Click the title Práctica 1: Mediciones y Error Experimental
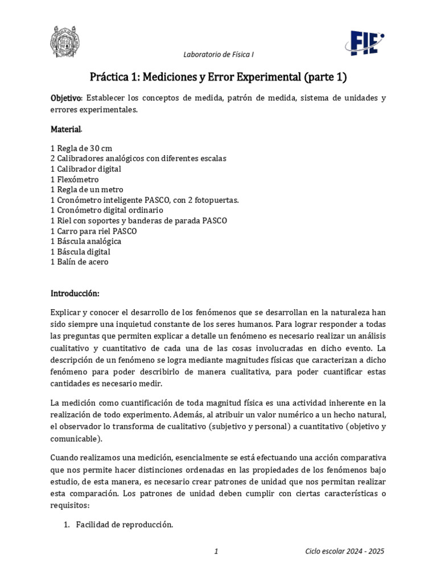[218, 77]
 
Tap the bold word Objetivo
[67, 98]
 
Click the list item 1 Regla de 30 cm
[81, 148]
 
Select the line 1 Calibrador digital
[85, 169]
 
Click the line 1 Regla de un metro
[86, 189]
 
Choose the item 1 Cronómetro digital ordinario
[106, 210]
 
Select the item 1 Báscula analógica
[85, 242]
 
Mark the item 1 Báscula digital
[80, 252]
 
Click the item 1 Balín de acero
[79, 262]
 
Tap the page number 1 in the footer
[217, 551]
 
